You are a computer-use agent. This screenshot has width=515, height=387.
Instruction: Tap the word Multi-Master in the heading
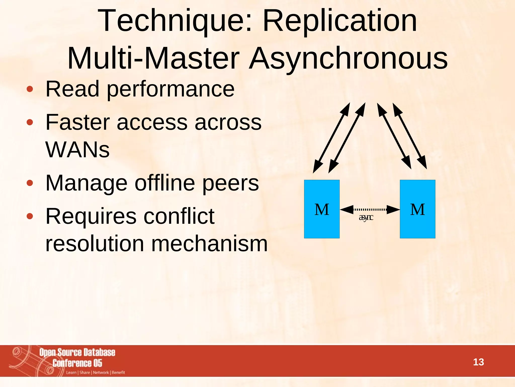(153, 58)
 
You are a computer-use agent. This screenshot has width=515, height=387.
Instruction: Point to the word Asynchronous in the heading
(348, 58)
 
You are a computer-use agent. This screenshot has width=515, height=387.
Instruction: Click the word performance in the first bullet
(171, 89)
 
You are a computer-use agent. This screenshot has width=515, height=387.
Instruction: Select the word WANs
(77, 150)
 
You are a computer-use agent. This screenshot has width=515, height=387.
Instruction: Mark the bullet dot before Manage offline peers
(30, 183)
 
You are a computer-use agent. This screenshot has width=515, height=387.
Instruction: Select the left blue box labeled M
(322, 209)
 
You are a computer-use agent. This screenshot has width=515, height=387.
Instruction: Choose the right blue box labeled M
(417, 209)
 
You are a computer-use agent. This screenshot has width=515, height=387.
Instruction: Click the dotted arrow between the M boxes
(370, 209)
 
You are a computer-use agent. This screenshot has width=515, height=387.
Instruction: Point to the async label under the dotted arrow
(366, 217)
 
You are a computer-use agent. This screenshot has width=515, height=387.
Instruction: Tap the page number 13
(478, 362)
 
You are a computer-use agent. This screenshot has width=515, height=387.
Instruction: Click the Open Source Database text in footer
(77, 352)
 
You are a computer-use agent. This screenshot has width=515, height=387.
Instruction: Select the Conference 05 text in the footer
(77, 363)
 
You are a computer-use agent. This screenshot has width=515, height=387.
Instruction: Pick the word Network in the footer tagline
(101, 372)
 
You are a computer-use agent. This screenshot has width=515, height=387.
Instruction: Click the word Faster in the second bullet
(78, 122)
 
